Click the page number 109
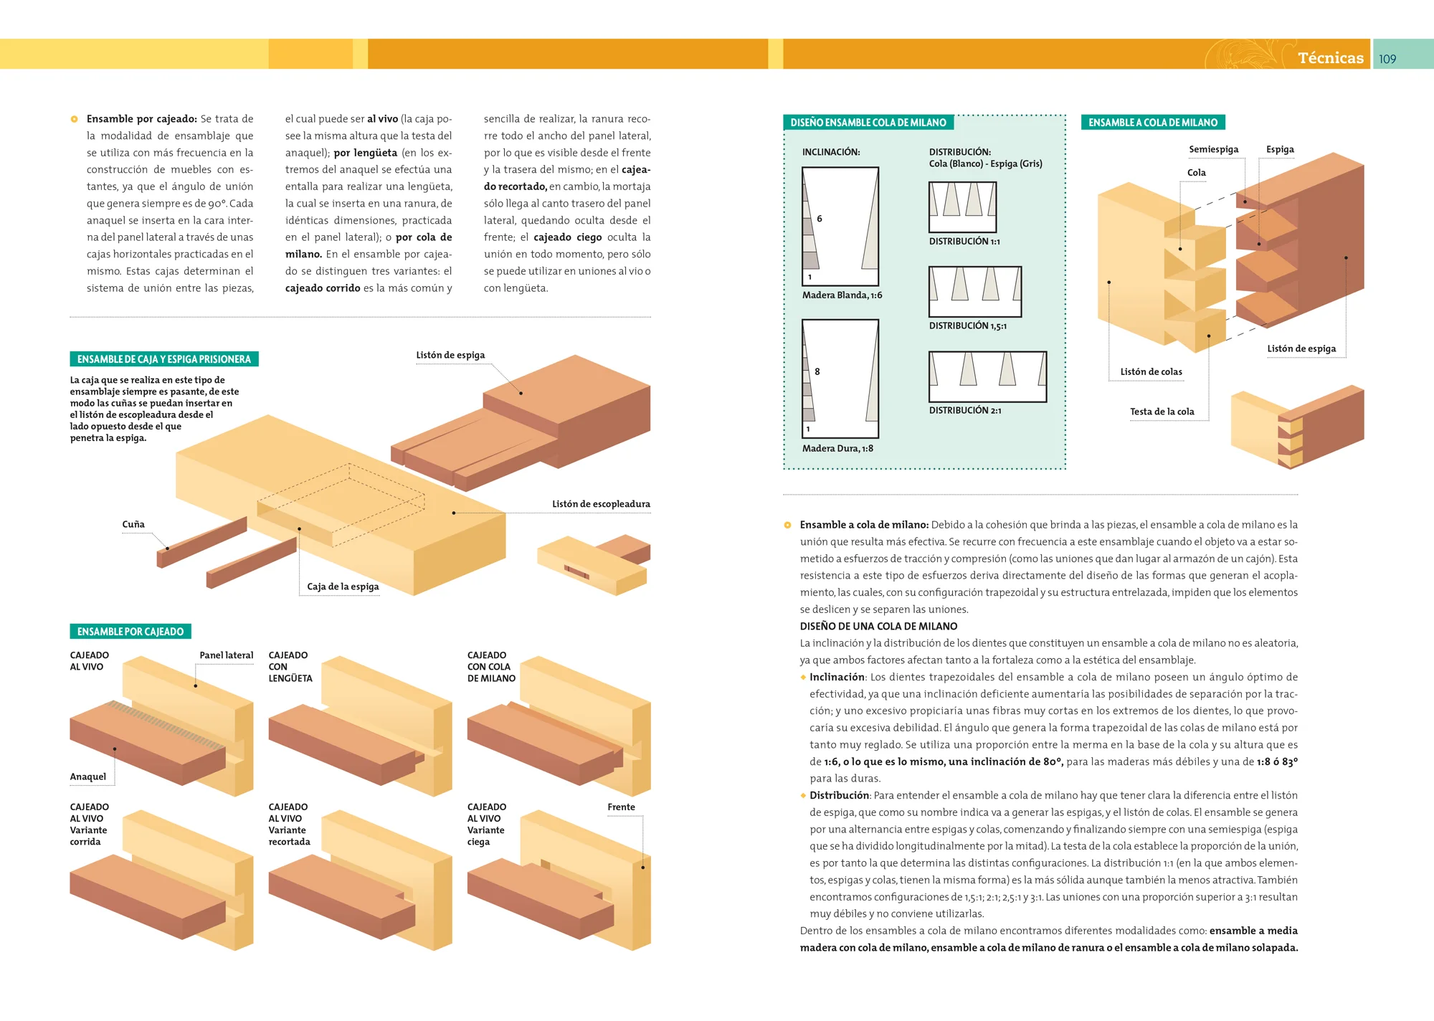pyautogui.click(x=1387, y=59)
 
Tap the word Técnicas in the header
pyautogui.click(x=1330, y=58)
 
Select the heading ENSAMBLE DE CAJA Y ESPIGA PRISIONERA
pyautogui.click(x=163, y=359)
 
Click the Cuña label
pyautogui.click(x=133, y=524)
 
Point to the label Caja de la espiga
pyautogui.click(x=343, y=587)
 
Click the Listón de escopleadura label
pyautogui.click(x=601, y=504)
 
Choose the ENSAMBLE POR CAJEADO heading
pyautogui.click(x=130, y=632)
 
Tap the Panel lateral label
pyautogui.click(x=226, y=655)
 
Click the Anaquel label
pyautogui.click(x=87, y=777)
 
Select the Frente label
pyautogui.click(x=621, y=807)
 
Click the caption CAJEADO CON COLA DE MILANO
pyautogui.click(x=491, y=667)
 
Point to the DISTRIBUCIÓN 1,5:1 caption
pyautogui.click(x=967, y=326)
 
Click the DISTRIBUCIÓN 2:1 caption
pyautogui.click(x=965, y=411)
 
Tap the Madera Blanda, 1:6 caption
pyautogui.click(x=842, y=295)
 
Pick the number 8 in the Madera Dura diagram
pyautogui.click(x=817, y=371)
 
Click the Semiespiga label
pyautogui.click(x=1213, y=149)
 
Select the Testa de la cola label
pyautogui.click(x=1162, y=412)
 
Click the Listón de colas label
pyautogui.click(x=1151, y=371)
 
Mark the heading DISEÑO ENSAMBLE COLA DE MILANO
pyautogui.click(x=868, y=123)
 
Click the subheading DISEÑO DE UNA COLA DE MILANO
pyautogui.click(x=878, y=627)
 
